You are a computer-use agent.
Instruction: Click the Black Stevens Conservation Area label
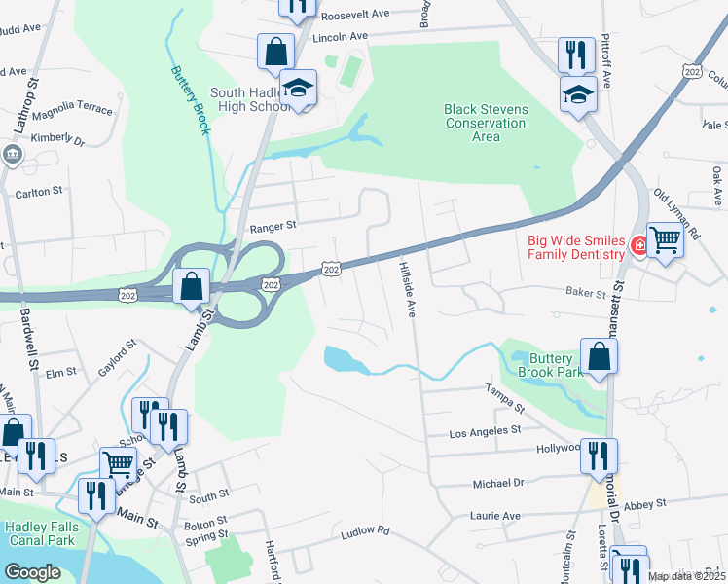click(x=486, y=123)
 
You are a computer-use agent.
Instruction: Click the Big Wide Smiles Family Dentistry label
click(x=574, y=247)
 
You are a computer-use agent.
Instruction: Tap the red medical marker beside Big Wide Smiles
click(x=639, y=245)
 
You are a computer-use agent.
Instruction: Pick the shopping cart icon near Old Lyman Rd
click(x=665, y=238)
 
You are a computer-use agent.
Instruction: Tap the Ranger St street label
click(x=272, y=227)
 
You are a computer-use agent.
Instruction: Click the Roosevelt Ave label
click(x=354, y=15)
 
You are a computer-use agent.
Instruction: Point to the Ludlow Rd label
click(x=365, y=532)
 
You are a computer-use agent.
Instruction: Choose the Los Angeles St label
click(x=485, y=429)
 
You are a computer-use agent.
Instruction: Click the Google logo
click(x=32, y=572)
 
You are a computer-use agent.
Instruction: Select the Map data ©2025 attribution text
click(x=687, y=576)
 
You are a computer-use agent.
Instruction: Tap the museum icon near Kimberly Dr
click(x=12, y=153)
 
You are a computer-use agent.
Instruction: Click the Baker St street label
click(x=586, y=292)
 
